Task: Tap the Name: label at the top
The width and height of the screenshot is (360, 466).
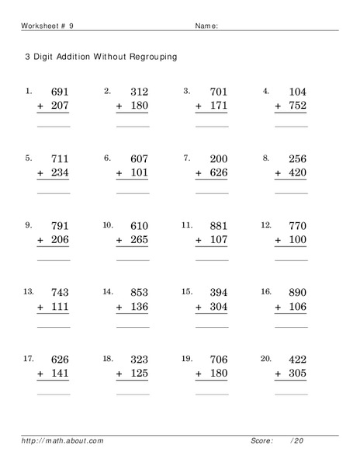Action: click(x=206, y=26)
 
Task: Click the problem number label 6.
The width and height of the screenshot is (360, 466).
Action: click(x=108, y=158)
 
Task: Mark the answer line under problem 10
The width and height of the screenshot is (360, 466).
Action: click(x=133, y=260)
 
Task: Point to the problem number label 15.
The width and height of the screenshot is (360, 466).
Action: click(x=186, y=292)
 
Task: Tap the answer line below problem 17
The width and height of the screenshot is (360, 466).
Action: click(x=54, y=395)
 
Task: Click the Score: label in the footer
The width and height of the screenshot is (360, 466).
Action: click(x=261, y=441)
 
